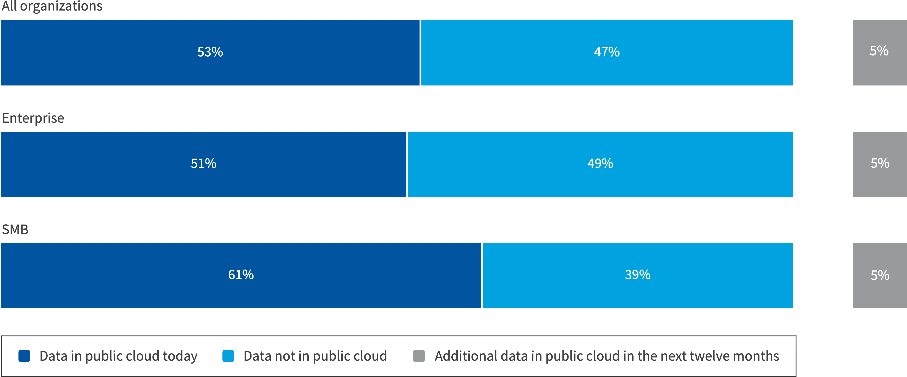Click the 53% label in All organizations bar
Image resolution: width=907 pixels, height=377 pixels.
click(210, 52)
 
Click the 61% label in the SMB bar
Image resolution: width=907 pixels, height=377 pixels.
click(241, 275)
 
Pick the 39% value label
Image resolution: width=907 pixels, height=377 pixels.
click(637, 275)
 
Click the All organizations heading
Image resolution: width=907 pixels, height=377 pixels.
click(52, 6)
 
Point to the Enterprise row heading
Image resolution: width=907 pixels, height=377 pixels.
click(33, 118)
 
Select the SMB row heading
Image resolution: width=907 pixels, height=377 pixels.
click(15, 230)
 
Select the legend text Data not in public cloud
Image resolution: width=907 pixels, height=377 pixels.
click(315, 356)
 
